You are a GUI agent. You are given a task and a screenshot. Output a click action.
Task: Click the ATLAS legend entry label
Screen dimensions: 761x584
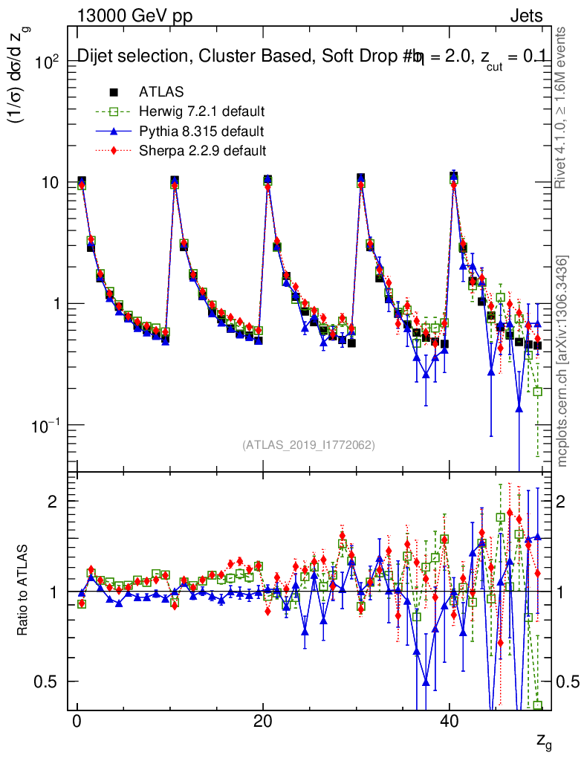coord(161,92)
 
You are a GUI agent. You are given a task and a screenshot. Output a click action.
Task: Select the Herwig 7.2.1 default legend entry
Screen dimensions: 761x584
coord(202,112)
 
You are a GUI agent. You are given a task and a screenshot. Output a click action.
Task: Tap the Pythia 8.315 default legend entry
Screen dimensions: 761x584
coord(201,132)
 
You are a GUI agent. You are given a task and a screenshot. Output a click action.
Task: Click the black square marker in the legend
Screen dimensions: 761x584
coord(114,92)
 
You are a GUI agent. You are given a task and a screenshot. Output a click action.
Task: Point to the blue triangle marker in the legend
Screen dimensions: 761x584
coord(114,132)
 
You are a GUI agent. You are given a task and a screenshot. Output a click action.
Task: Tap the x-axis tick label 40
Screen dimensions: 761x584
coord(449,725)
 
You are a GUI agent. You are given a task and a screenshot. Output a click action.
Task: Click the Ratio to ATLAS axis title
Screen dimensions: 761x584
coord(24,592)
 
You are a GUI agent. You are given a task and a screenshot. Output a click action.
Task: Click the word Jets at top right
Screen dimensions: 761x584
coord(526,16)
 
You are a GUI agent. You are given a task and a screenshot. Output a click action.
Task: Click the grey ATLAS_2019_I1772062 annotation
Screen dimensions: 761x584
coord(308,445)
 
